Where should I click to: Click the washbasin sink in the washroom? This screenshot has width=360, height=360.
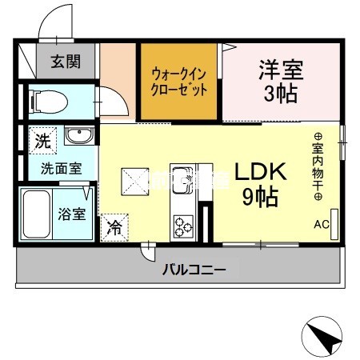click(79, 135)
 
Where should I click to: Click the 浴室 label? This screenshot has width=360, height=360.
click(79, 214)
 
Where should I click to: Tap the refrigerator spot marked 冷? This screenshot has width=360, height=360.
click(114, 226)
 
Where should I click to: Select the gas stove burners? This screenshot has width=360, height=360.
click(183, 225)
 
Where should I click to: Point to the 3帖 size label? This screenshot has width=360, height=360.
click(280, 94)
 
